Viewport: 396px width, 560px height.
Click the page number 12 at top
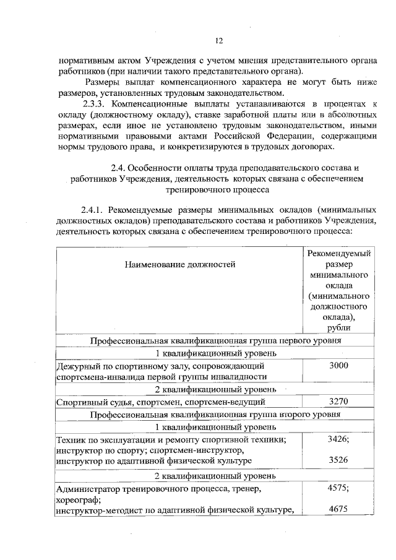point(218,41)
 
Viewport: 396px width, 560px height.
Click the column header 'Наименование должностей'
point(180,265)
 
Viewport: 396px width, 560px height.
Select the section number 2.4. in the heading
point(118,168)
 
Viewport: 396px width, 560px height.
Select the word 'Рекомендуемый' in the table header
point(338,253)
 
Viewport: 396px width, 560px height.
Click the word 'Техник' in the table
point(70,439)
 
